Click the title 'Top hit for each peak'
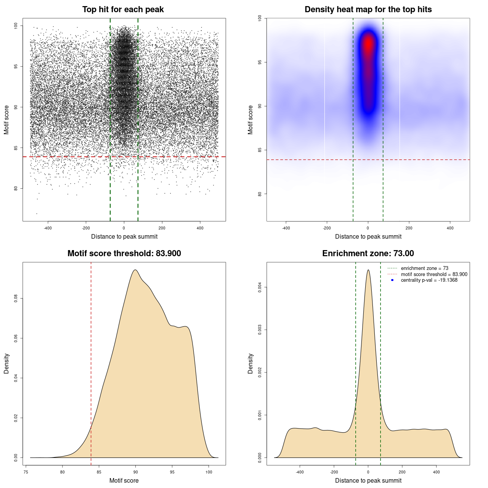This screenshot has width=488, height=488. point(123,10)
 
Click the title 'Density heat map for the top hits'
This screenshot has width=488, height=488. point(368,10)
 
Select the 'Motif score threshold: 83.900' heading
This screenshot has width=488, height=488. point(124,254)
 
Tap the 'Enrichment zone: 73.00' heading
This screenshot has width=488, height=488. point(368,254)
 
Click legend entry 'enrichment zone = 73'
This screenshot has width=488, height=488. point(424,268)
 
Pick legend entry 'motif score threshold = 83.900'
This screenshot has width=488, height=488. point(434,274)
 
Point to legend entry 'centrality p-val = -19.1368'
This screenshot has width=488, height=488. point(429,280)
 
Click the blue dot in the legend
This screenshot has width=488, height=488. point(392,280)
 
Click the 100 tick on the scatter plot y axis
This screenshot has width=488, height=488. point(16,26)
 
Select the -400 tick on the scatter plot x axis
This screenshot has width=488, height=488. point(48,228)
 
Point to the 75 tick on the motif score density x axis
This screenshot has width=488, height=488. point(26,472)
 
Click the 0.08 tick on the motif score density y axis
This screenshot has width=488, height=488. point(16,298)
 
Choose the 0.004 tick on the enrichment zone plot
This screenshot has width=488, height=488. point(260,287)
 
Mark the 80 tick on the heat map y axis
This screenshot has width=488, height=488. point(260,194)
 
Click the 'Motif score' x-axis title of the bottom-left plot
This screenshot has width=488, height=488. point(124,480)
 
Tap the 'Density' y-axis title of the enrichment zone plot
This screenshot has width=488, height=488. point(250,363)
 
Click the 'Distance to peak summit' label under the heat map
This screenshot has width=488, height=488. point(368,236)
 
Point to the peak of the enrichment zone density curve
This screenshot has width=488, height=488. point(368,270)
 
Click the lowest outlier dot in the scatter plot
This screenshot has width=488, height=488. point(37,213)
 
